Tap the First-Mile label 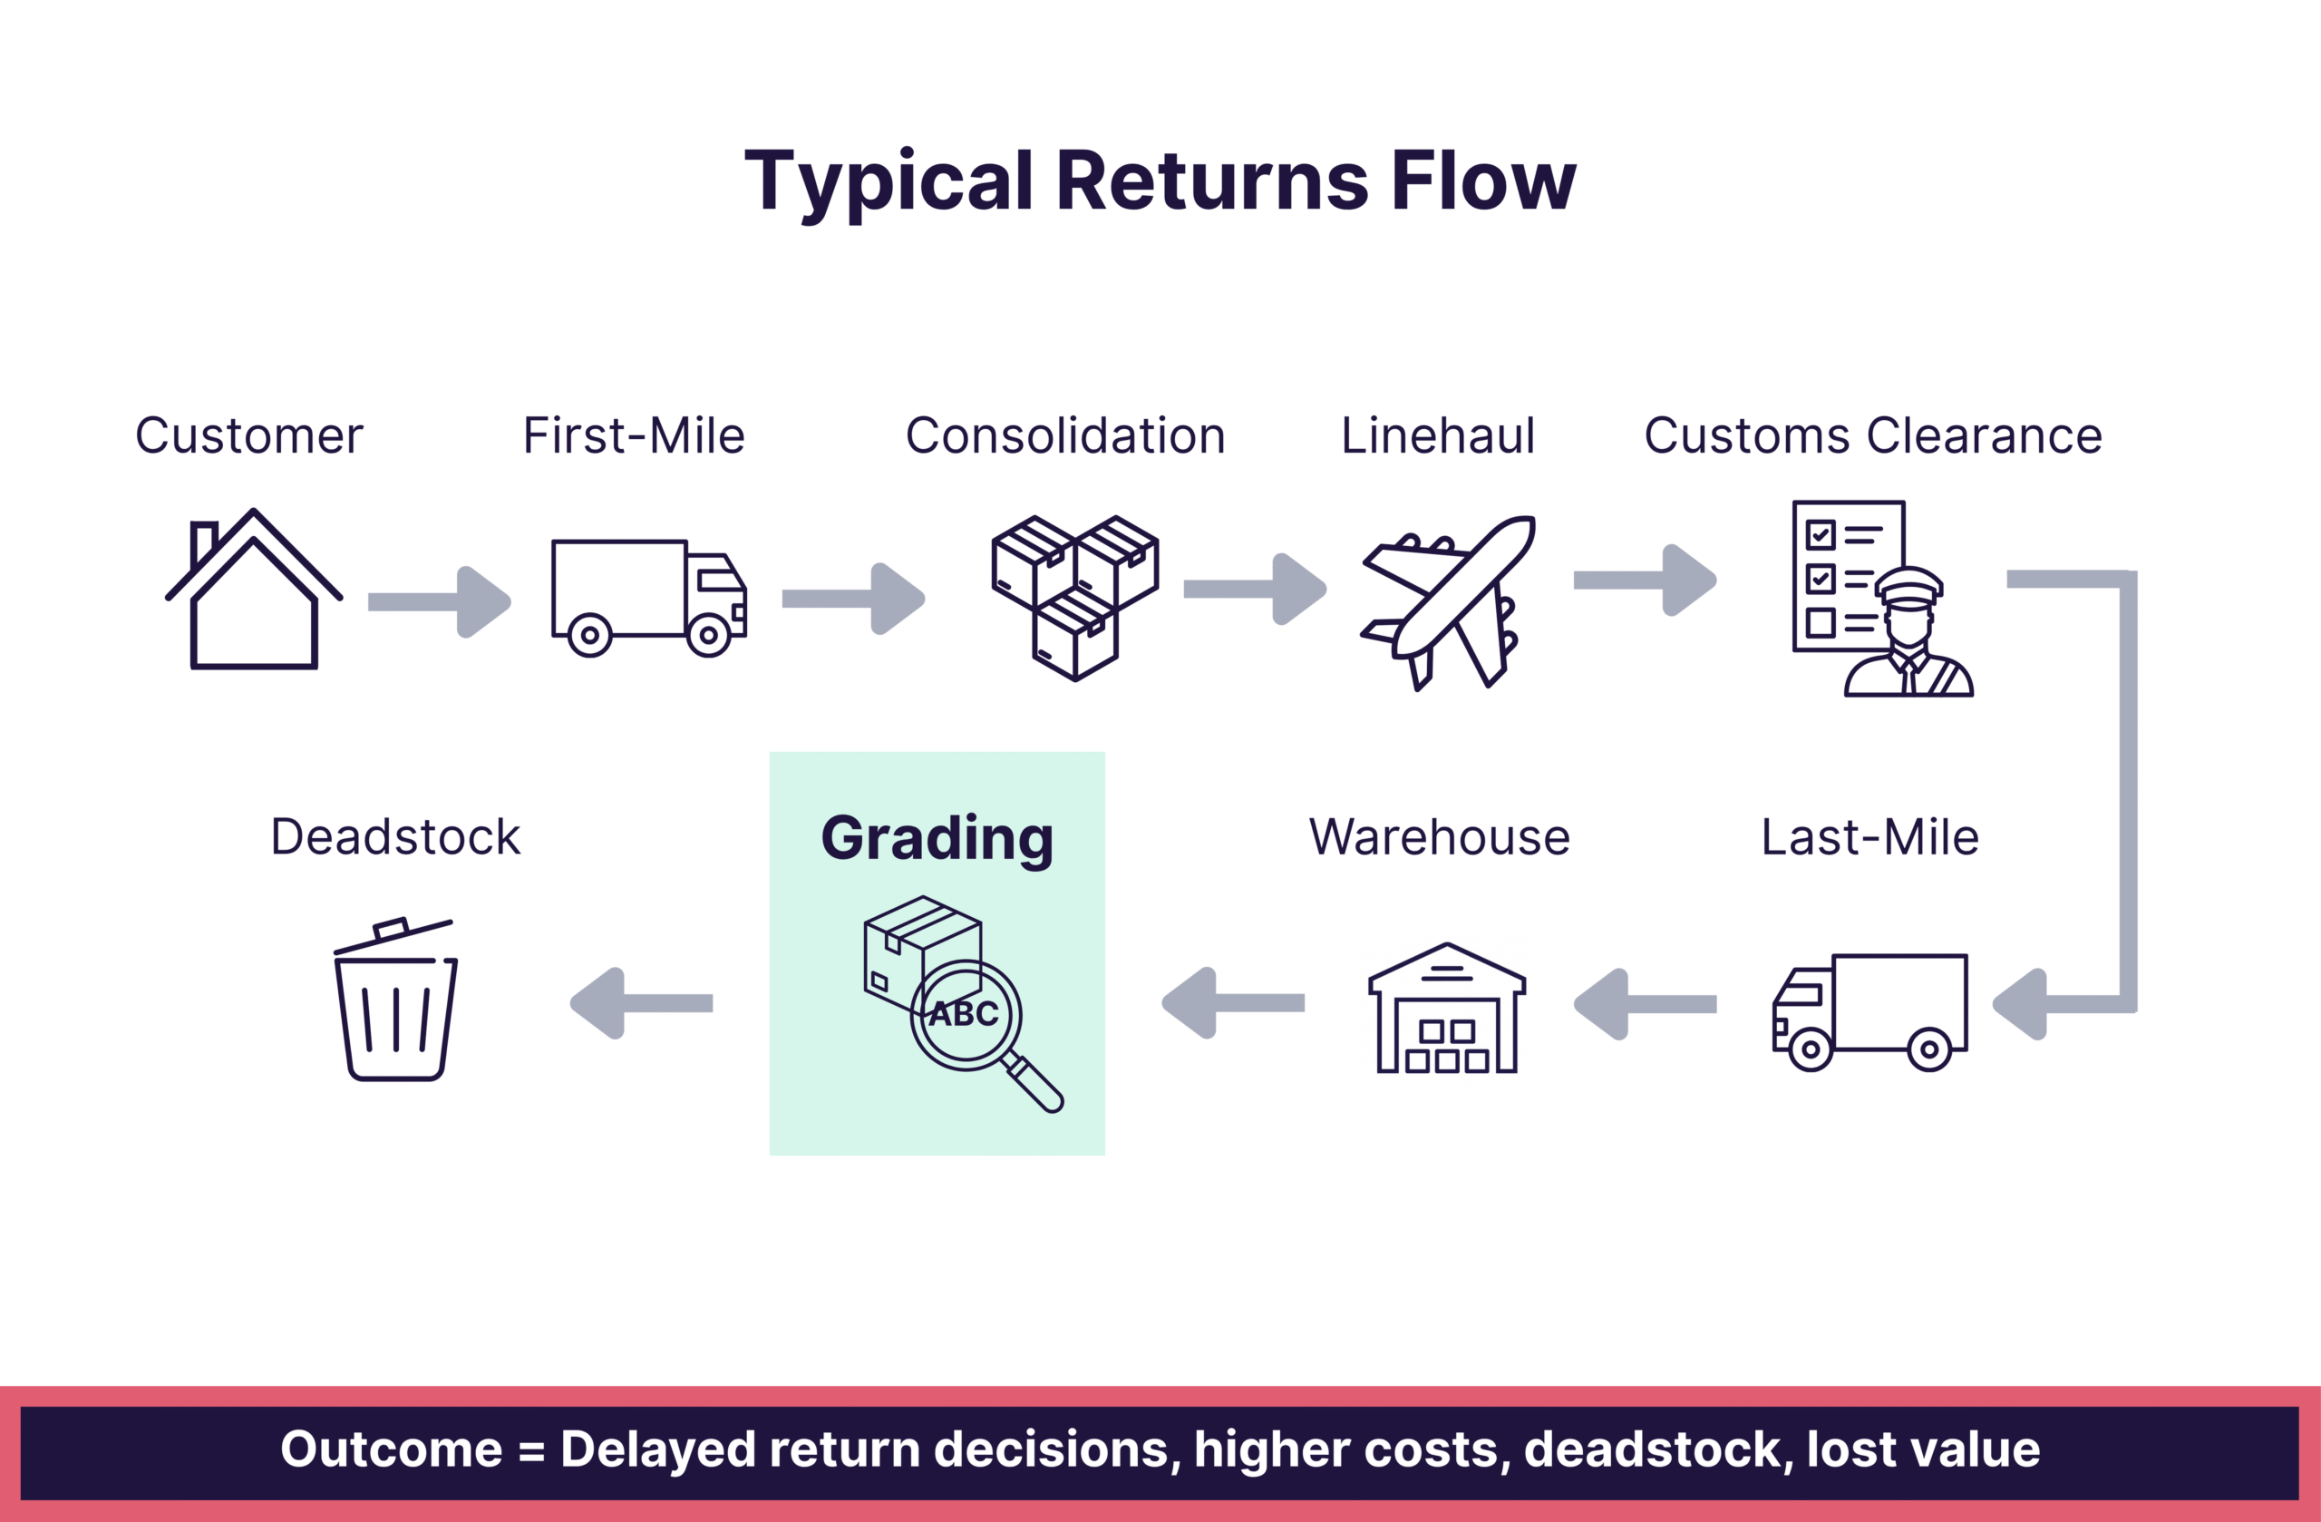(634, 435)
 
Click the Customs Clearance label (1872, 435)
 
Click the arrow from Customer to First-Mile (439, 602)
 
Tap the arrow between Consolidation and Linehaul (1254, 589)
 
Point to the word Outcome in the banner (391, 1449)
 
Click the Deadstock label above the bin (395, 837)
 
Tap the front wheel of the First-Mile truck (709, 636)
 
